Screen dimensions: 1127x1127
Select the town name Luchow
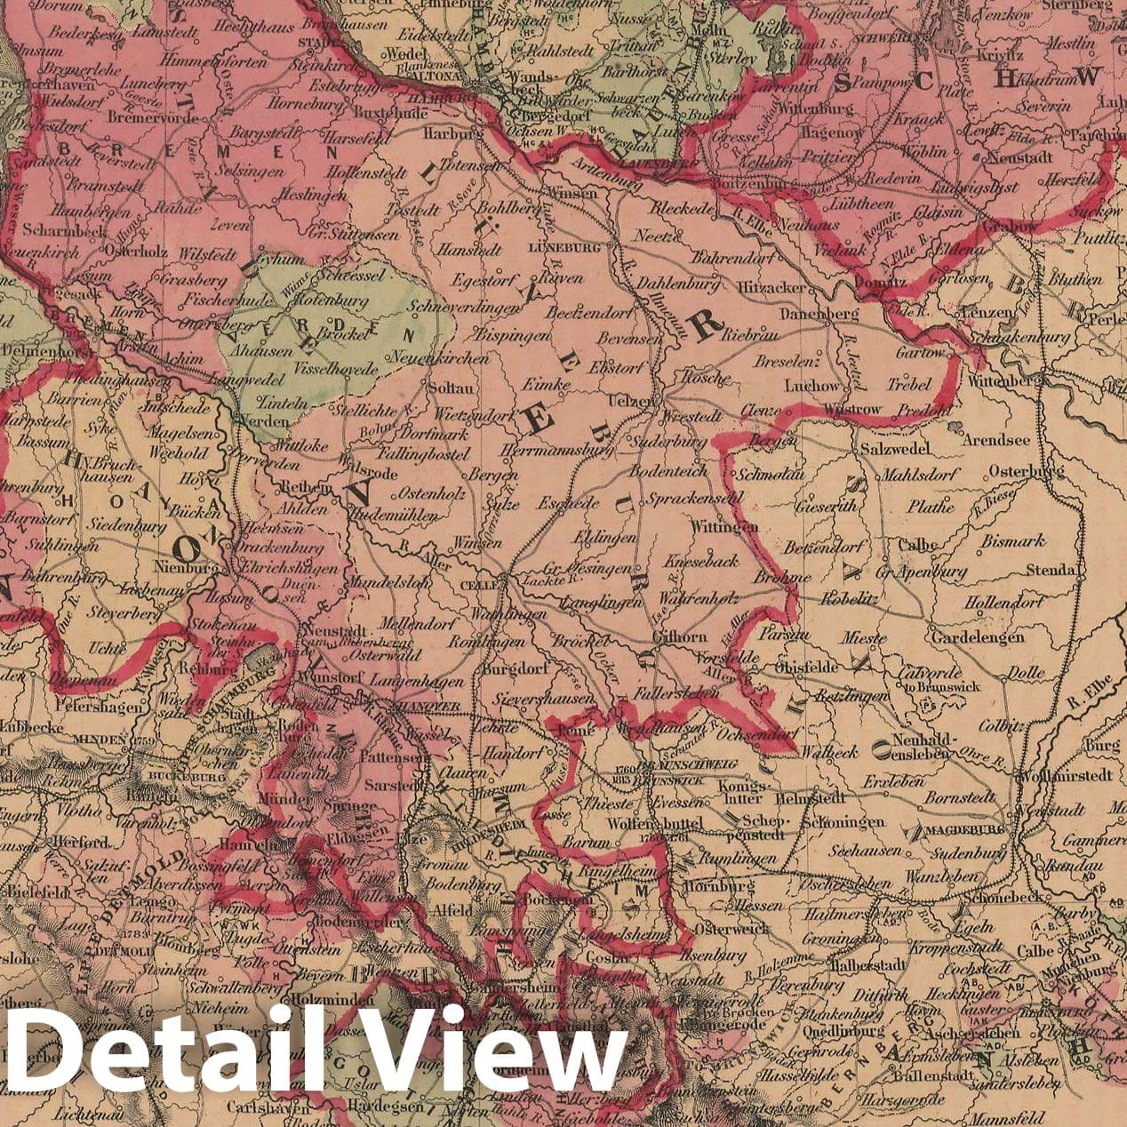click(811, 387)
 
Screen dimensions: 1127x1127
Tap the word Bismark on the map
click(1013, 541)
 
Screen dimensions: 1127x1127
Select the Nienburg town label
click(186, 566)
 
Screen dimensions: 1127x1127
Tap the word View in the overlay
click(498, 1053)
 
